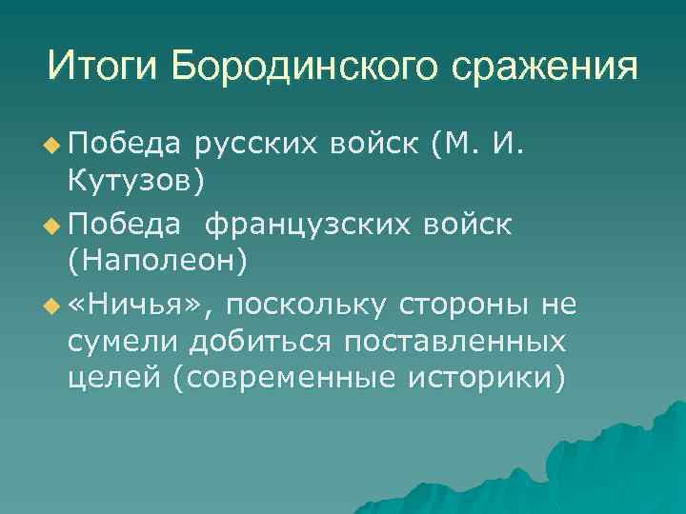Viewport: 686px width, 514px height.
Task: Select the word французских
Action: [306, 225]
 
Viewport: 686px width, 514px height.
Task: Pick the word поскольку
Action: [306, 305]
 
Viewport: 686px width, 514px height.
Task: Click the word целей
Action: [114, 377]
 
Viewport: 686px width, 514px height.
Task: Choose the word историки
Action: [485, 377]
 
